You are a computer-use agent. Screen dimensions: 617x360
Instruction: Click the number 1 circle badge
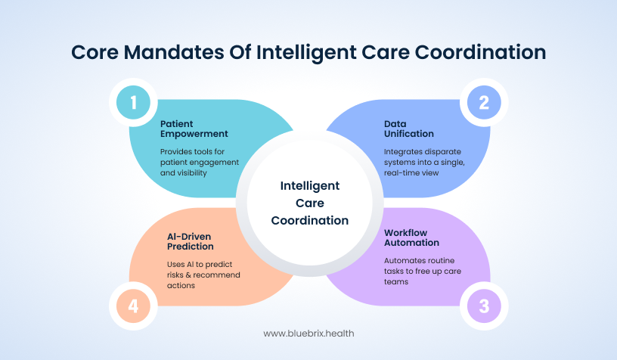[x=133, y=102]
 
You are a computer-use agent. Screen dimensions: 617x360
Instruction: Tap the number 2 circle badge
[x=484, y=102]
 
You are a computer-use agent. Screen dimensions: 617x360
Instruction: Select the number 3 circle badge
[x=484, y=306]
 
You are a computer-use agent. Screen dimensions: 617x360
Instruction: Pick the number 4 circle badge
[x=133, y=306]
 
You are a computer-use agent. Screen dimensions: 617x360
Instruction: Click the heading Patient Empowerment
[x=194, y=129]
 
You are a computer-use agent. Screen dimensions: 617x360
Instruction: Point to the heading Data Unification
[x=409, y=129]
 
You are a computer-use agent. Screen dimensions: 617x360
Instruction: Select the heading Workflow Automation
[x=411, y=237]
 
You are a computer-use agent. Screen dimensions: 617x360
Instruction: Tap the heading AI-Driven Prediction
[x=191, y=241]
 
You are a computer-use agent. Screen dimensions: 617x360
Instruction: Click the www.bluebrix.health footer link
[x=309, y=334]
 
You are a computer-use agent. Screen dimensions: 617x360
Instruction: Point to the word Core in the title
[x=95, y=52]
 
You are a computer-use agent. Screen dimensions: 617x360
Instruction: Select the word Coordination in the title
[x=480, y=52]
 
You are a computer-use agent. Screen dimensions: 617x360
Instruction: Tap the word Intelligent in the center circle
[x=310, y=186]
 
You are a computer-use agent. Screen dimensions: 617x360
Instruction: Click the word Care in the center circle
[x=310, y=203]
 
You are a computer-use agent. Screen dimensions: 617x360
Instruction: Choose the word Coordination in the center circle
[x=310, y=220]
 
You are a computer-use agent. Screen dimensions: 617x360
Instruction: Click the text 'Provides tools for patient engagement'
[x=200, y=157]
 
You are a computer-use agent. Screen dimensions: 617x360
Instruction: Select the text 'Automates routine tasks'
[x=419, y=265]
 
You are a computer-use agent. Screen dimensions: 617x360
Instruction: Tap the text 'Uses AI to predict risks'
[x=200, y=269]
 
